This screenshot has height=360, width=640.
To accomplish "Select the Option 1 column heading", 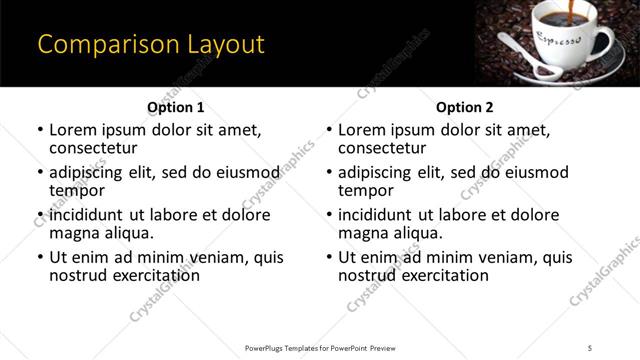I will pyautogui.click(x=176, y=107).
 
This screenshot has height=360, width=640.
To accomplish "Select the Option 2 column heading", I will pyautogui.click(x=465, y=107).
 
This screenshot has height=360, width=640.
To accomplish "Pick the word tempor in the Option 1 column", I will pyautogui.click(x=76, y=190).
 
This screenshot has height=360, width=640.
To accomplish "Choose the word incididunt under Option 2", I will pyautogui.click(x=379, y=215).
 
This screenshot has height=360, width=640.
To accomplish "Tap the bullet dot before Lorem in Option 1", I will pyautogui.click(x=40, y=130).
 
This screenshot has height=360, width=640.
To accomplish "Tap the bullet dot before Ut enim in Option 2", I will pyautogui.click(x=329, y=257).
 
